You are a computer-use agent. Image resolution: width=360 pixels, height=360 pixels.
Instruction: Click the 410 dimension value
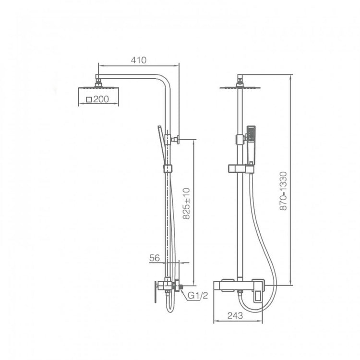click(x=138, y=60)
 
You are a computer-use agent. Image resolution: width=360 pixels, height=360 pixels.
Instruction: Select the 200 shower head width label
click(x=101, y=99)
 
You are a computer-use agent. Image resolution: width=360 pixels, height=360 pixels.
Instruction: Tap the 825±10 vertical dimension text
click(x=186, y=204)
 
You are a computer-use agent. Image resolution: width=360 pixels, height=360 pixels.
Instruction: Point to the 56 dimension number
click(x=155, y=258)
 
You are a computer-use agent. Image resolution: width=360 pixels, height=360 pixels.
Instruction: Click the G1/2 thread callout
click(x=198, y=295)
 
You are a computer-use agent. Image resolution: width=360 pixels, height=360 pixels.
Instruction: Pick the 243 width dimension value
click(x=235, y=316)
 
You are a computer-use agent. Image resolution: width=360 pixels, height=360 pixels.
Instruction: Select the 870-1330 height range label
click(x=284, y=191)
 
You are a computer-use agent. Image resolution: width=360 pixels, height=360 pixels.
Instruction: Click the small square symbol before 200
click(x=89, y=100)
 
